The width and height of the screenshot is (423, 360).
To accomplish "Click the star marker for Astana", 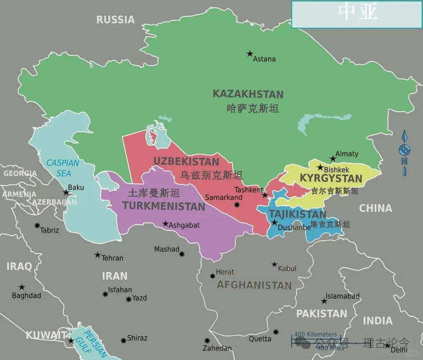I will pyautogui.click(x=250, y=54).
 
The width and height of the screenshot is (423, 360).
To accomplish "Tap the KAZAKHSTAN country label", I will pyautogui.click(x=248, y=94).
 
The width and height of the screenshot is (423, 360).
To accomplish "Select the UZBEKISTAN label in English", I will pyautogui.click(x=186, y=162).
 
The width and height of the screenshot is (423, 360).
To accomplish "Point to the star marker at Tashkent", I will pyautogui.click(x=265, y=195).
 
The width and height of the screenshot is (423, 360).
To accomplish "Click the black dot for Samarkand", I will pyautogui.click(x=237, y=205).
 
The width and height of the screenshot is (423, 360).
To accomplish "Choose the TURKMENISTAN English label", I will pyautogui.click(x=164, y=206).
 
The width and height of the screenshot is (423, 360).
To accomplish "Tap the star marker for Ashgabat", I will pyautogui.click(x=165, y=223).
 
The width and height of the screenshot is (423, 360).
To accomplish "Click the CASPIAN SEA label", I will pyautogui.click(x=63, y=168).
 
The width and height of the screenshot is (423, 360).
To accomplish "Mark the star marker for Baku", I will pyautogui.click(x=66, y=192).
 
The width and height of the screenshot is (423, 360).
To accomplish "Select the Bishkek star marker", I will pyautogui.click(x=320, y=167).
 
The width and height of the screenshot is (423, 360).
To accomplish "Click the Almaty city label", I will pyautogui.click(x=346, y=154).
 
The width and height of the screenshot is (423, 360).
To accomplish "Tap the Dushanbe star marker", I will pyautogui.click(x=274, y=223).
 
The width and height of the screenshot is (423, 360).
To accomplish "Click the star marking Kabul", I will pyautogui.click(x=275, y=264).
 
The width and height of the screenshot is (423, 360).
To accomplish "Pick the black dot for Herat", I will pyautogui.click(x=213, y=276).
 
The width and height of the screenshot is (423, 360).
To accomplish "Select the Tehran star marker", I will pyautogui.click(x=98, y=255).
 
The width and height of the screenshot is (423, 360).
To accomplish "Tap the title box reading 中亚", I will pyautogui.click(x=357, y=14).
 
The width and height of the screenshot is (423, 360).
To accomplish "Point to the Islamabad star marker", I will pyautogui.click(x=324, y=301).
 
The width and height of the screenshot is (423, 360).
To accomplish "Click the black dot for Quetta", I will pyautogui.click(x=276, y=332).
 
